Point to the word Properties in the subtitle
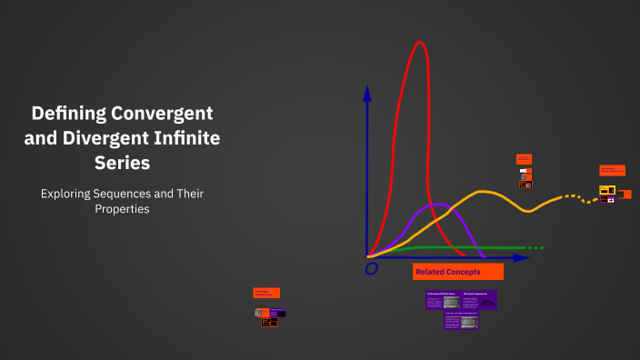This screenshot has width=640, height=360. click(121, 209)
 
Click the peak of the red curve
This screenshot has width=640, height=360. click(419, 44)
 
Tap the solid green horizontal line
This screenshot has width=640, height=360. click(455, 247)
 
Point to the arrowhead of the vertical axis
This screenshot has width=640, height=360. click(367, 92)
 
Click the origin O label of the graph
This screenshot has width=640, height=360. click(371, 269)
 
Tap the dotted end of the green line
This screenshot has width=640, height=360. click(536, 247)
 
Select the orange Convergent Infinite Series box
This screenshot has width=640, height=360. click(266, 293)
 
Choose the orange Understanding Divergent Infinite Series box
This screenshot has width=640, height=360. click(612, 170)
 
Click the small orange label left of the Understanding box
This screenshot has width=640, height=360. click(524, 159)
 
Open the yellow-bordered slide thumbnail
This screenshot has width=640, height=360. click(607, 191)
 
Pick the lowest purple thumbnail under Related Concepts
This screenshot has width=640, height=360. click(461, 321)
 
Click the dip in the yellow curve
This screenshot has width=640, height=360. click(531, 211)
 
